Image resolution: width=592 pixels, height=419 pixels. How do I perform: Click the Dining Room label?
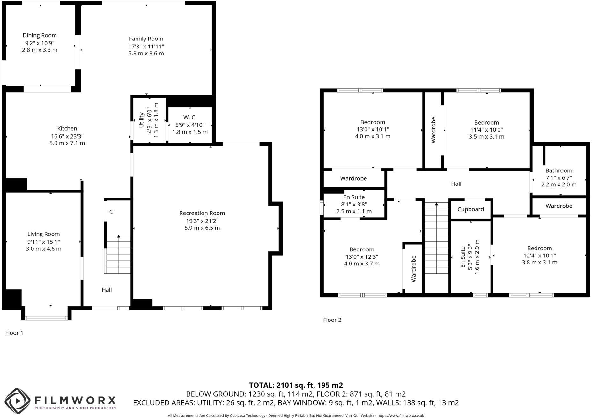[x=40, y=35]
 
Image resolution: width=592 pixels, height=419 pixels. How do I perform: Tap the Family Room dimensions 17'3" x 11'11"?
[x=146, y=46]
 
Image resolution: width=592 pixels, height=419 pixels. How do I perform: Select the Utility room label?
[x=142, y=120]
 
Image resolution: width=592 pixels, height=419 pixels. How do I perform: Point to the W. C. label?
[x=190, y=117]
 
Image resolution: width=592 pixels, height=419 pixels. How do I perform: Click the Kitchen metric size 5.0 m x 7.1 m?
[x=67, y=143]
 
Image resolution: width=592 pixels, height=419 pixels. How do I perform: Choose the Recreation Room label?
[x=202, y=213]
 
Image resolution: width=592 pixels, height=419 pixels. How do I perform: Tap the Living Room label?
[x=43, y=234]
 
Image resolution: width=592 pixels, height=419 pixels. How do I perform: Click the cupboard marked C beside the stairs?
[x=111, y=212]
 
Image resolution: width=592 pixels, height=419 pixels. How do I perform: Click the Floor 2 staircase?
[x=436, y=239]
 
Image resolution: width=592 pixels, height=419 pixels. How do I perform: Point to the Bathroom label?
[x=559, y=170]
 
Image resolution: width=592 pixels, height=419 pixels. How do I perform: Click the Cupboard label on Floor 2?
[x=470, y=209]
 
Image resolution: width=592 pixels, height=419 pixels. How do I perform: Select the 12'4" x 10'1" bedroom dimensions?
[x=539, y=256]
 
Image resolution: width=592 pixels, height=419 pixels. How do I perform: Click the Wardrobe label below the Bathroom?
[x=559, y=206]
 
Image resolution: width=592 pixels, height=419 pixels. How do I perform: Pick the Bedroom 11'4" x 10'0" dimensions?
[x=486, y=130]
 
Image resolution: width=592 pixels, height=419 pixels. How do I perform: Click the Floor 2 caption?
[x=332, y=320]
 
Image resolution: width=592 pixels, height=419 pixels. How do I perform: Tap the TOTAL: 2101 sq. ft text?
[x=296, y=385]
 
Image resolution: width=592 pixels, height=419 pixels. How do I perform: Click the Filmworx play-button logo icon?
[x=18, y=401]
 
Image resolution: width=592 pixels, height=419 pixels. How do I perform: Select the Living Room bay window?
[x=46, y=317]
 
